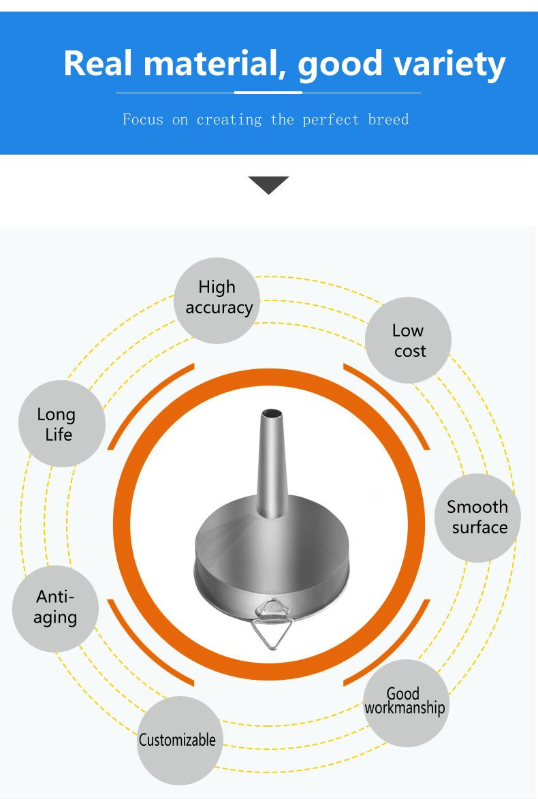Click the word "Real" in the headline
(99, 64)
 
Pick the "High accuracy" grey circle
(217, 300)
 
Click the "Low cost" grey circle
(408, 341)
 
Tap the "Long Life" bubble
(62, 424)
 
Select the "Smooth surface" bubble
(477, 518)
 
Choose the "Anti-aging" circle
(56, 609)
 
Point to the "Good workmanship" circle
(406, 703)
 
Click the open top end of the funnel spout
(272, 413)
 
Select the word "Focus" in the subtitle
(143, 120)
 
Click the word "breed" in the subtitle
(388, 120)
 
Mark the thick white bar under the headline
(268, 93)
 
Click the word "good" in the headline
(340, 66)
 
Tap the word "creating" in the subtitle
(230, 121)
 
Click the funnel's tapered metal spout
(272, 464)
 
